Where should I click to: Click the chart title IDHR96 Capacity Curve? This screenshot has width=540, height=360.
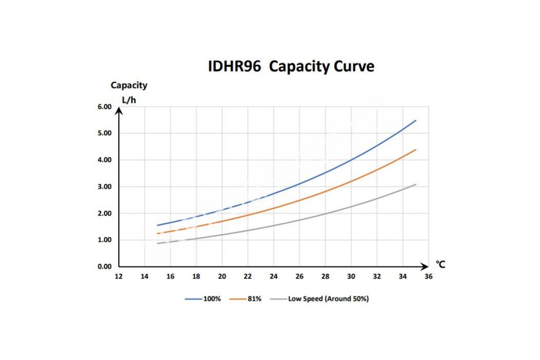[291, 67]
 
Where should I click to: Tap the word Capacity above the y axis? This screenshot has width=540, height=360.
[129, 85]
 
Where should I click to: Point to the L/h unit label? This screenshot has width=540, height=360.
[129, 99]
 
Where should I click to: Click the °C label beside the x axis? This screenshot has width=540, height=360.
[441, 265]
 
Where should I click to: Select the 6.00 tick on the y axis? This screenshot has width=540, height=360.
[104, 107]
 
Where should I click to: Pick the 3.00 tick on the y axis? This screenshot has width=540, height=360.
[104, 186]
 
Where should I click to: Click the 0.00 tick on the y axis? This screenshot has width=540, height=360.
[104, 266]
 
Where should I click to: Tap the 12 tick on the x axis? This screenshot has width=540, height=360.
[118, 276]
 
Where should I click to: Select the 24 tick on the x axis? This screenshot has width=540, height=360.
[274, 276]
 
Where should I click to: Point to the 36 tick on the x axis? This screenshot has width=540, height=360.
[428, 276]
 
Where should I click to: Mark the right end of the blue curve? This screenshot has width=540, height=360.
[416, 121]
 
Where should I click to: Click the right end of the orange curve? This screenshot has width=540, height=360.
[416, 149]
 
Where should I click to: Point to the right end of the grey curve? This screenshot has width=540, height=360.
[416, 184]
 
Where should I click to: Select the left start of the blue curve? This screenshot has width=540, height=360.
[157, 225]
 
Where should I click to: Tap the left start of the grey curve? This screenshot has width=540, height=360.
[157, 243]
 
